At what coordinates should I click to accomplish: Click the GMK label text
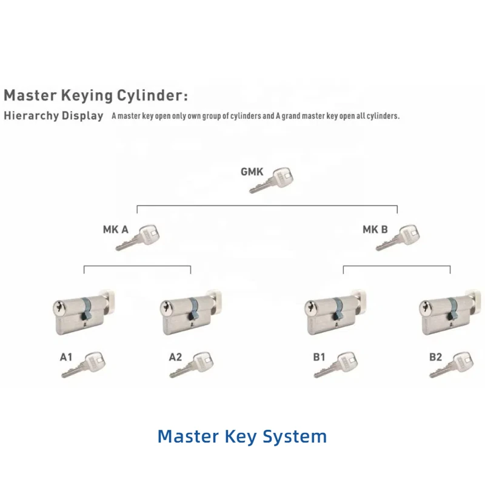[252, 172]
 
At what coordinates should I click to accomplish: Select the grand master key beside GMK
[272, 180]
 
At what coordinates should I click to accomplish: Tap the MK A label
[115, 230]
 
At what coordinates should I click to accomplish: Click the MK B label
[375, 230]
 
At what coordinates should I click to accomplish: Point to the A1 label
[66, 357]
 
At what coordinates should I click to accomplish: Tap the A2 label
[175, 357]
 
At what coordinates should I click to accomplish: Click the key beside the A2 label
[195, 364]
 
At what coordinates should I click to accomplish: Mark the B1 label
[319, 357]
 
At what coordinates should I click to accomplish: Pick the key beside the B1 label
[338, 364]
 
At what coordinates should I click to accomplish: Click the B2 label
[435, 357]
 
